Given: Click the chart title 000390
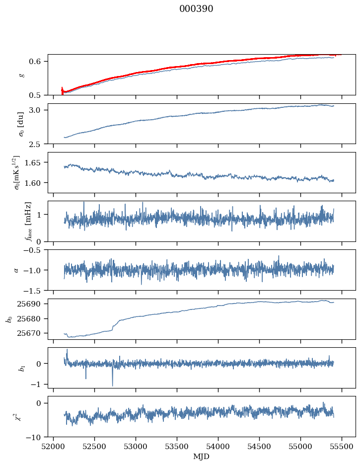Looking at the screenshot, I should tap(196, 9).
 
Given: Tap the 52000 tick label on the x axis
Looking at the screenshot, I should tap(54, 446).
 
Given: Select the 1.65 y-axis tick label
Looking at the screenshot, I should tap(37, 162).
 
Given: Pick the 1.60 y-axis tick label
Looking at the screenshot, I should tap(37, 183).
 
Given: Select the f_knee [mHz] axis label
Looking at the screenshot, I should tap(28, 221).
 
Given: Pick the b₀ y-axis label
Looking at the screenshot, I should tap(8, 319).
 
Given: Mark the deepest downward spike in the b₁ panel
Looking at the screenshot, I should tap(112, 385).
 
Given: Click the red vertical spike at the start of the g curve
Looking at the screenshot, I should tap(62, 90).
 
